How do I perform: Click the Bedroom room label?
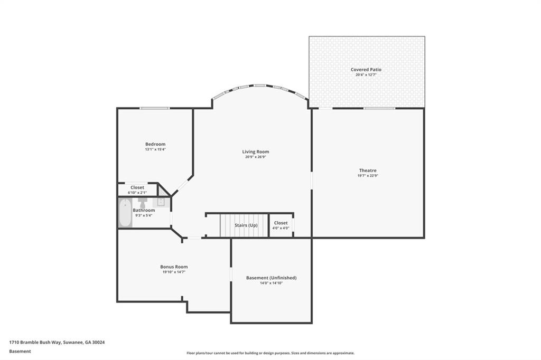click(x=155, y=144)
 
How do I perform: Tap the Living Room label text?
click(x=256, y=151)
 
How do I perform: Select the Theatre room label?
click(x=368, y=170)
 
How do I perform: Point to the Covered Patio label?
click(x=366, y=70)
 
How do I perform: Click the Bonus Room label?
click(x=174, y=267)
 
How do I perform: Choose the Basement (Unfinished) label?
click(x=271, y=278)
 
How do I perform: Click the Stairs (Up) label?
click(x=246, y=225)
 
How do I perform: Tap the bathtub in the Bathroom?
click(x=125, y=213)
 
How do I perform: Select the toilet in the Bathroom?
click(x=143, y=202)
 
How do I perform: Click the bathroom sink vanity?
click(x=161, y=202)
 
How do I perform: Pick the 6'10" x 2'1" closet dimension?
click(x=137, y=193)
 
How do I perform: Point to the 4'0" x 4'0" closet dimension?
click(x=281, y=228)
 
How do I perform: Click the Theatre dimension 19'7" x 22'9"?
click(x=368, y=175)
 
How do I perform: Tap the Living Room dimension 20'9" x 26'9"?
click(x=256, y=157)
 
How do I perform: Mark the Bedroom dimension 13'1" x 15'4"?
click(x=155, y=149)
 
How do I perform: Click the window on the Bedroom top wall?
click(x=154, y=108)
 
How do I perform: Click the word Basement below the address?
click(x=20, y=351)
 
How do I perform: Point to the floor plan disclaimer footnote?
click(x=270, y=353)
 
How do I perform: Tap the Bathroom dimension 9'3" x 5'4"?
click(x=144, y=215)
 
